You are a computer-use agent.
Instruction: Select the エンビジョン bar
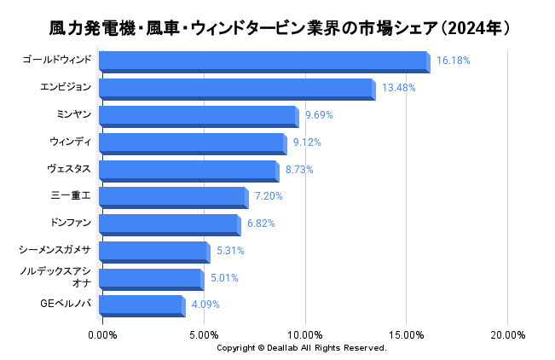235,89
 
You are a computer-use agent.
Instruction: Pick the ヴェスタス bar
188,170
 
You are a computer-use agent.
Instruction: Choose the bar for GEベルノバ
141,305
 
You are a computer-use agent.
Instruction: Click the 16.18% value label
453,61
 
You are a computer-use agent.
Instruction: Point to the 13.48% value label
398,88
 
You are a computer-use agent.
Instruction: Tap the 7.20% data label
269,196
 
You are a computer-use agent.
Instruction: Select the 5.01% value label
224,278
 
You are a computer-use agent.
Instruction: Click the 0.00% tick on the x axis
102,334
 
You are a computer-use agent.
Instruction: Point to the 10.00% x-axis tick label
304,334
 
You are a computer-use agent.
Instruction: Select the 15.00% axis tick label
406,334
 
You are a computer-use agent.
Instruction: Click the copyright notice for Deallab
301,348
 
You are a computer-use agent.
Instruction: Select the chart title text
277,29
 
